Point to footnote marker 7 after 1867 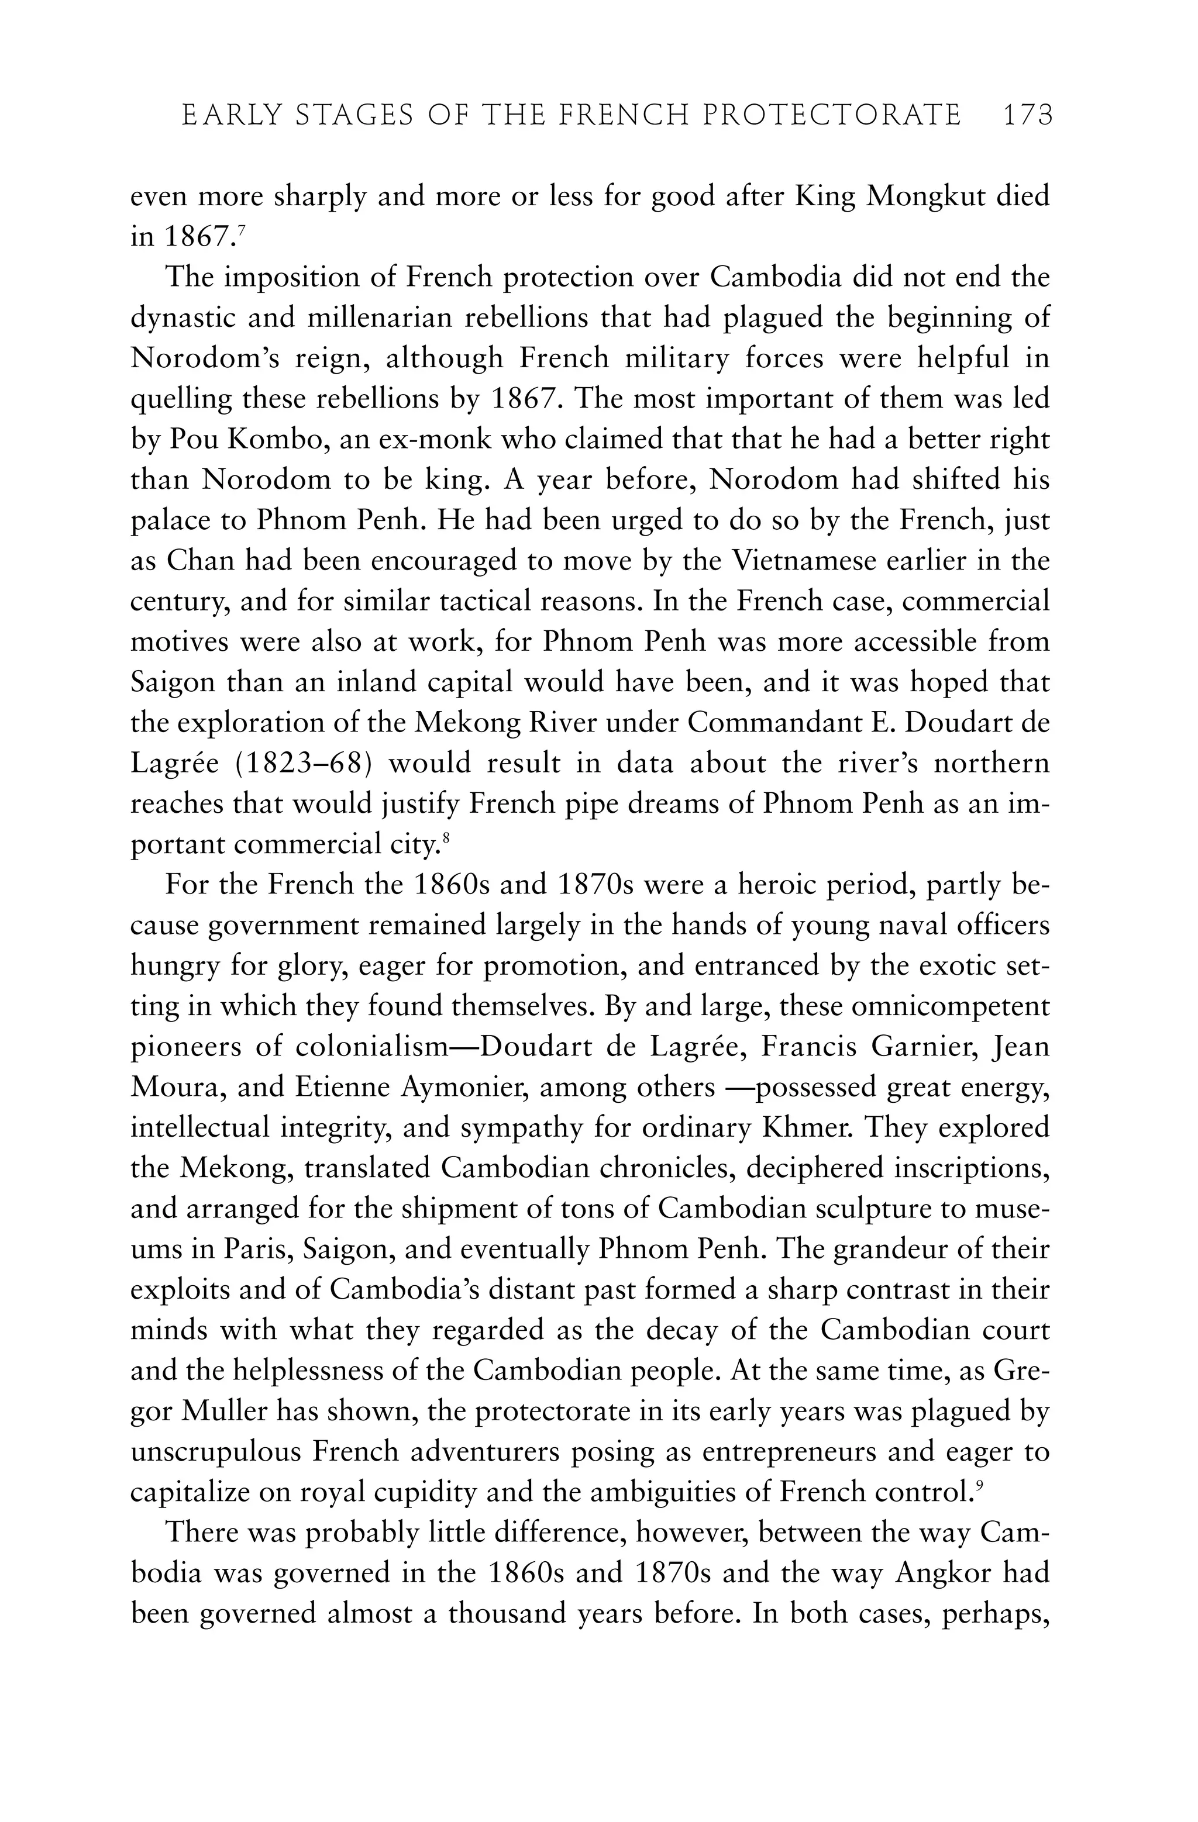(x=240, y=230)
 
